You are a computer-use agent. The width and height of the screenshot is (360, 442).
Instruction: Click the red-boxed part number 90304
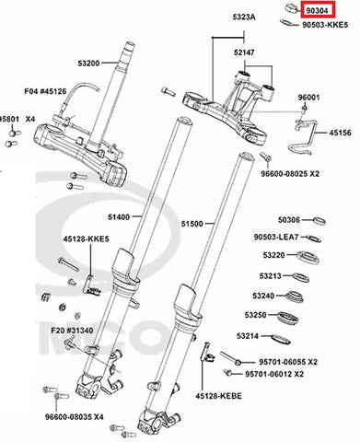tap(318, 11)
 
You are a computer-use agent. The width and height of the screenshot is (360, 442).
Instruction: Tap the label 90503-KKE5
tap(325, 25)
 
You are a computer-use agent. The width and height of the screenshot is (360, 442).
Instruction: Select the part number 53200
tap(88, 64)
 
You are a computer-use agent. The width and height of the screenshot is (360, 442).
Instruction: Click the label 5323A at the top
tap(244, 17)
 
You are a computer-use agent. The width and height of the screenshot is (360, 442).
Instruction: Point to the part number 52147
tap(244, 52)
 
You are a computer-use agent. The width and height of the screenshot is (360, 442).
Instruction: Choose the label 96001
tap(308, 98)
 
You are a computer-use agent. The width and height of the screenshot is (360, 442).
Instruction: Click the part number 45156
tap(341, 133)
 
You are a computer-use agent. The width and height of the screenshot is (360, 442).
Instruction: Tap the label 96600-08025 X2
tap(290, 174)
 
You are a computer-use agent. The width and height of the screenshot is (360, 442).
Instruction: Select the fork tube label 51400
tap(119, 217)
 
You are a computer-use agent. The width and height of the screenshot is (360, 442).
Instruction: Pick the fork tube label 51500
tap(192, 224)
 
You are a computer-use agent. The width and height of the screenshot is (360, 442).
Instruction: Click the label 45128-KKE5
tap(87, 238)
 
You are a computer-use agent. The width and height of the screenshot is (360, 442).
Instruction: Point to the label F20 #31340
tap(72, 331)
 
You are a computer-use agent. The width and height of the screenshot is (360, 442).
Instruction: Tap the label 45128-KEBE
tap(219, 396)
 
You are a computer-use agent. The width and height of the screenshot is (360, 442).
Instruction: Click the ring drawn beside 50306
tap(319, 221)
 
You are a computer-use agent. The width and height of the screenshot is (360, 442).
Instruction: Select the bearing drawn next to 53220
tap(308, 257)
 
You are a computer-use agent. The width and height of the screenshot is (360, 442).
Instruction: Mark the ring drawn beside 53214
tap(281, 339)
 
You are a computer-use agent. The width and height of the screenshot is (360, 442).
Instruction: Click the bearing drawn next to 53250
tap(288, 318)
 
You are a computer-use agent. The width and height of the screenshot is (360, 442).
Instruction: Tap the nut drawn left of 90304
tap(291, 7)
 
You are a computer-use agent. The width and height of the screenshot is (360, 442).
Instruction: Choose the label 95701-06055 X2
tap(288, 362)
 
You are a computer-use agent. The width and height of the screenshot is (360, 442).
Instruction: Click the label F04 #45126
tap(45, 91)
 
